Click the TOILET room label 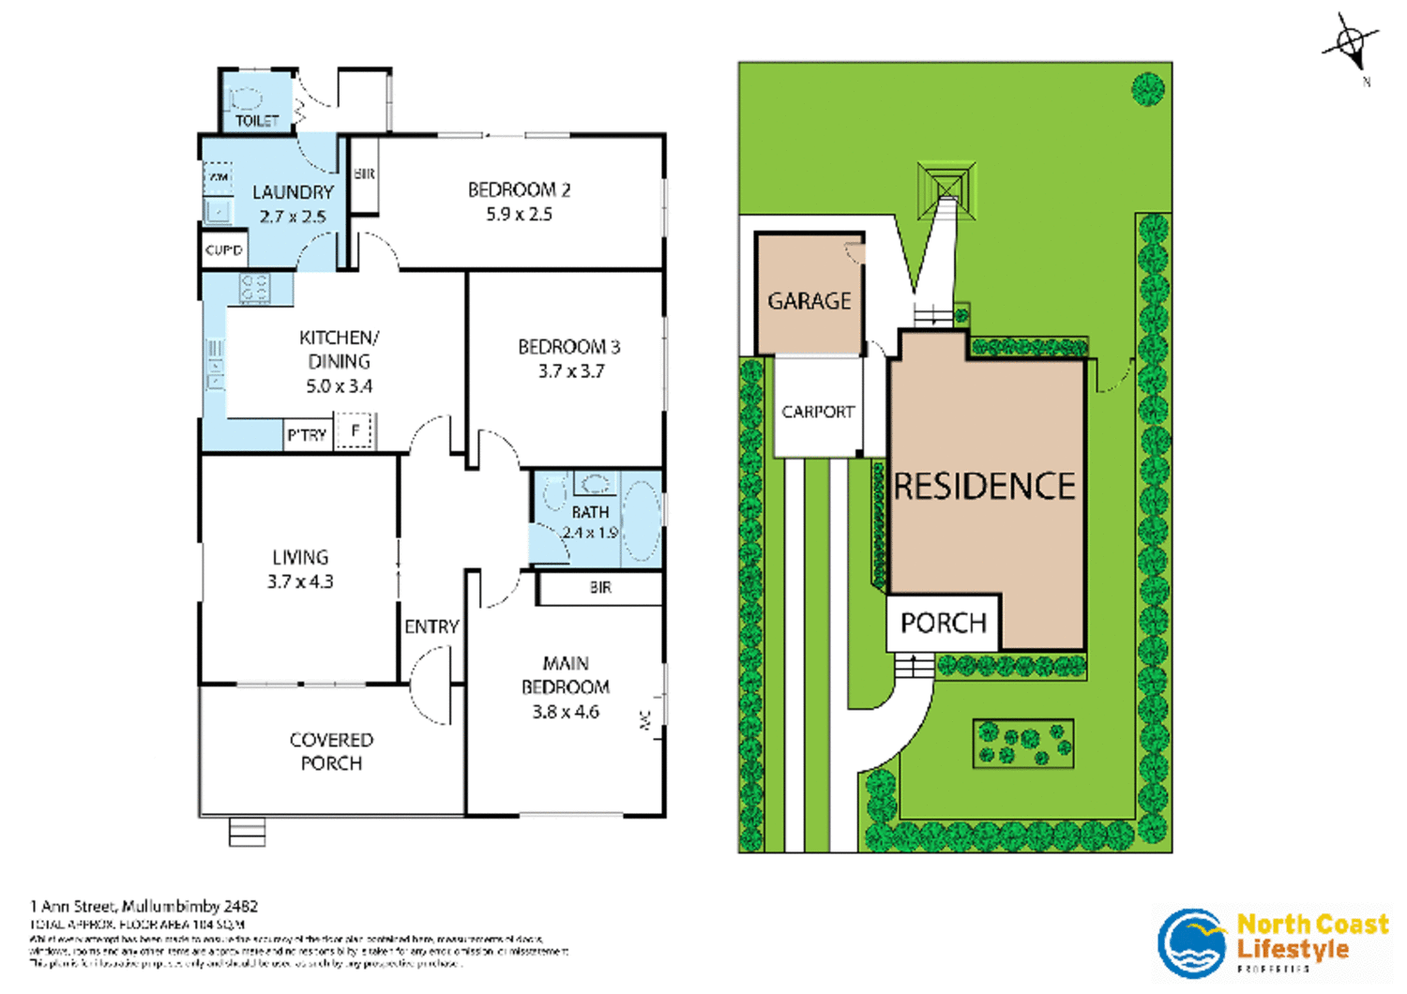click(x=256, y=121)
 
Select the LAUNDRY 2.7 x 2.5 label click(x=293, y=204)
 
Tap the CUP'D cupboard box click(x=224, y=250)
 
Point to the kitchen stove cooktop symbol click(x=254, y=288)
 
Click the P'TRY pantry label click(x=307, y=435)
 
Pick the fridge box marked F click(x=356, y=431)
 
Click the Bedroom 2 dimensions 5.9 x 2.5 click(x=519, y=215)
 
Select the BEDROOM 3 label click(x=568, y=347)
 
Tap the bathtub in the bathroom click(x=642, y=520)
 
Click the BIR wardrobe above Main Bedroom click(x=600, y=588)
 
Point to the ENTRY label click(x=431, y=626)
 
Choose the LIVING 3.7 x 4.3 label click(x=300, y=569)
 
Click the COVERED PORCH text click(x=331, y=751)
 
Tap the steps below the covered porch click(x=248, y=832)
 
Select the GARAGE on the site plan click(x=809, y=301)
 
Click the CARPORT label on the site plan click(x=818, y=412)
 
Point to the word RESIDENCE click(x=984, y=487)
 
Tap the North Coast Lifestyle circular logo click(x=1191, y=942)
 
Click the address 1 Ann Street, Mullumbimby click(x=144, y=906)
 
